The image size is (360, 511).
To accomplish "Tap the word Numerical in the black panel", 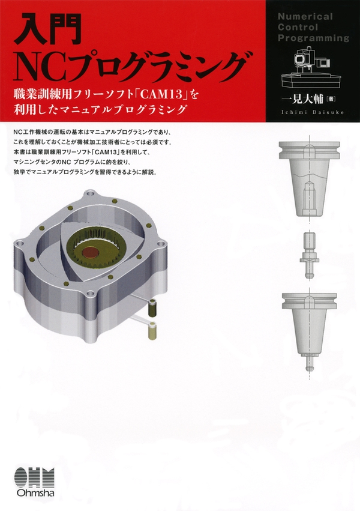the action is [x=305, y=17].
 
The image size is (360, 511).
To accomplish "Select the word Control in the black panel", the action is [x=298, y=27].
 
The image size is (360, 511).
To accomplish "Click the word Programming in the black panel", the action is [x=313, y=38].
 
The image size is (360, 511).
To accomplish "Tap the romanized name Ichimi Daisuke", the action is [x=312, y=112].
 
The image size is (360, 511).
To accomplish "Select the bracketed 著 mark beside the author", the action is [x=331, y=98].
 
